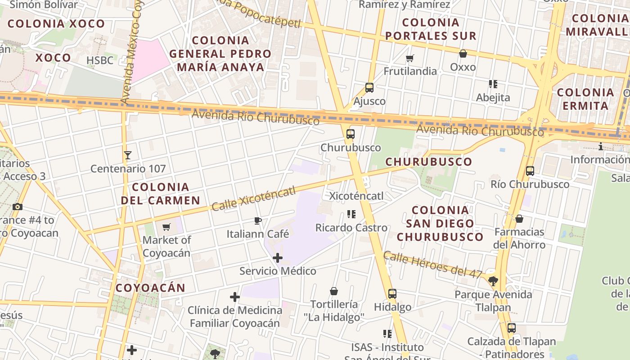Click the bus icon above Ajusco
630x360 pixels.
[369, 88]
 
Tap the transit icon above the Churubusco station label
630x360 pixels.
[351, 134]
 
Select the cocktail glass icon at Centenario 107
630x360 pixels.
[128, 155]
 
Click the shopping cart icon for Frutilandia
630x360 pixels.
[409, 58]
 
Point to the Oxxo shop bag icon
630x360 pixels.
[463, 54]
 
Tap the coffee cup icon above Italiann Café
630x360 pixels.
[257, 220]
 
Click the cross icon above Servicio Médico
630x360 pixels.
[278, 258]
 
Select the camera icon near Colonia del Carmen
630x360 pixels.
[18, 207]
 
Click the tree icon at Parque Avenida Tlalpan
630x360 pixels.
[493, 281]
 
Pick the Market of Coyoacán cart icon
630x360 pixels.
[166, 227]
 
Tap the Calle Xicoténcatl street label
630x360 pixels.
[253, 198]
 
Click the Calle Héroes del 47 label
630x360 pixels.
[432, 264]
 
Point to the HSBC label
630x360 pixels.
[100, 60]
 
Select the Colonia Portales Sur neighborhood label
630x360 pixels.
[431, 29]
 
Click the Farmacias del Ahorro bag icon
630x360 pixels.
[519, 219]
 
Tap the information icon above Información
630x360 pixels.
[600, 147]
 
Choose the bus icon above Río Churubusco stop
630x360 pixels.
[530, 171]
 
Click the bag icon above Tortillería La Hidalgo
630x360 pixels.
[334, 291]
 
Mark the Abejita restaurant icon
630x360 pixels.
[493, 84]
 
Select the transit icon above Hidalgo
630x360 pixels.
[392, 294]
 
